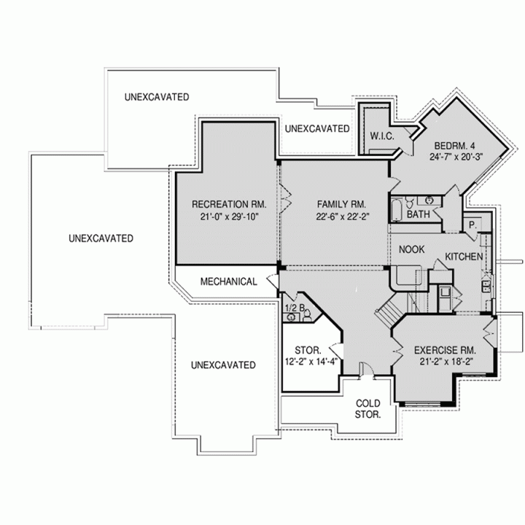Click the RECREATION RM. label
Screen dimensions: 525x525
[x=229, y=204]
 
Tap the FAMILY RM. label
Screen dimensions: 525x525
[x=341, y=204]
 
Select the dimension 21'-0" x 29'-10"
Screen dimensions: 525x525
[x=230, y=217]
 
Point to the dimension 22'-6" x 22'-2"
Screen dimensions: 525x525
[x=343, y=217]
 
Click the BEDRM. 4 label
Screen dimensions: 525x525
[x=454, y=146]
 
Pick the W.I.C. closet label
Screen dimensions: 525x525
[x=382, y=136]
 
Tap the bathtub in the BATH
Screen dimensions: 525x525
[x=397, y=210]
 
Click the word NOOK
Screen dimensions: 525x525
[x=411, y=249]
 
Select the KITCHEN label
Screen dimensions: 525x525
[x=464, y=257]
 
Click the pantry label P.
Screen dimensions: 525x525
[x=472, y=225]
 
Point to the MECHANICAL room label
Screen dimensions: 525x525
[x=229, y=281]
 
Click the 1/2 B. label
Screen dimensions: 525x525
[x=295, y=308]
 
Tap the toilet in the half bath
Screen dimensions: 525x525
[x=307, y=316]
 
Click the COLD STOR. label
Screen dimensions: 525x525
[x=367, y=409]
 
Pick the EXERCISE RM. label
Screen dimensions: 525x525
[x=445, y=350]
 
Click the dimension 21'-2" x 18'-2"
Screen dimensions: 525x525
[x=446, y=362]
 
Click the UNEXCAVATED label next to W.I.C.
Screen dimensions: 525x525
[x=317, y=129]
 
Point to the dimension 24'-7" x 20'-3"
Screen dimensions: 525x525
[x=456, y=157]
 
